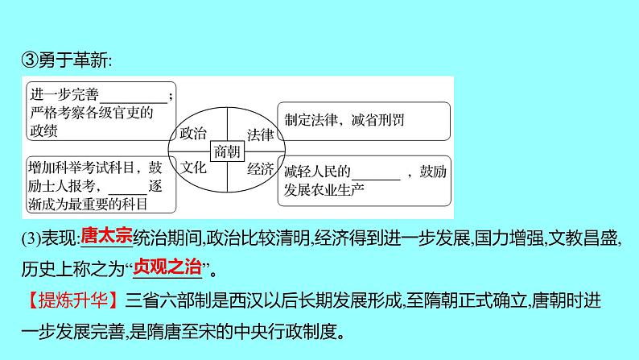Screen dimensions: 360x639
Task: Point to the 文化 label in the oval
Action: click(x=193, y=168)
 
